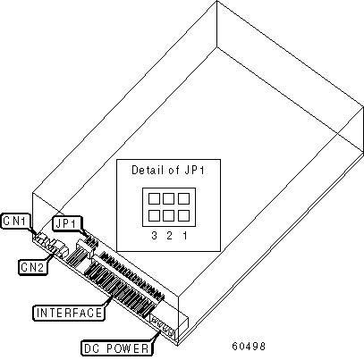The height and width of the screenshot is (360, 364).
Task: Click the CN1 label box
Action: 15,221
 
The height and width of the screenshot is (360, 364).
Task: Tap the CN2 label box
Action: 33,267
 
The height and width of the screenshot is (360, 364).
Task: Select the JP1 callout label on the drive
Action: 67,223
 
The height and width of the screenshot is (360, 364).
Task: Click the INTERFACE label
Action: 69,313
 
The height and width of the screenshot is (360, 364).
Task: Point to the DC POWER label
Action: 117,348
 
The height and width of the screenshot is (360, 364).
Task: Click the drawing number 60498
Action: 249,346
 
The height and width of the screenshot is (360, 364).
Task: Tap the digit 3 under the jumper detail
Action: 154,236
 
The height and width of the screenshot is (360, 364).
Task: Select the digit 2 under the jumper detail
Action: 169,236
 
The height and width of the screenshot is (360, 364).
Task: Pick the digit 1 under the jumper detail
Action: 185,236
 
